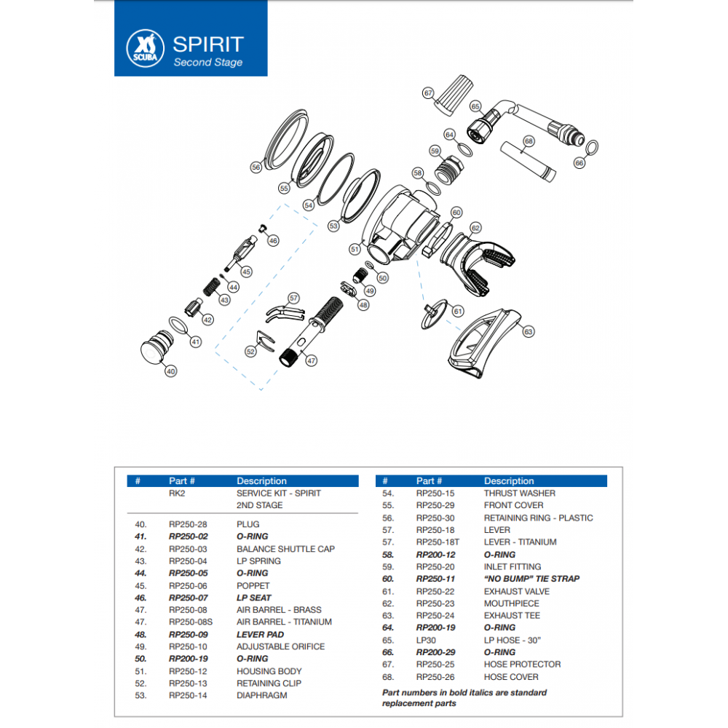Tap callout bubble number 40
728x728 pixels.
pyautogui.click(x=171, y=371)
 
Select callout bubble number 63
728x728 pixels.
pyautogui.click(x=528, y=331)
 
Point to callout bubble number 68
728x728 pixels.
pyautogui.click(x=529, y=141)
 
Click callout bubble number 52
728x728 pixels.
pyautogui.click(x=250, y=351)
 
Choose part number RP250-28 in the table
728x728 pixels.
pyautogui.click(x=189, y=524)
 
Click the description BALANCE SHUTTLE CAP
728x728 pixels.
pyautogui.click(x=285, y=549)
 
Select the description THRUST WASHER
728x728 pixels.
pyautogui.click(x=519, y=493)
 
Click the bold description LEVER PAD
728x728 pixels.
pyautogui.click(x=260, y=634)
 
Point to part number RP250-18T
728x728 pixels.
pyautogui.click(x=439, y=542)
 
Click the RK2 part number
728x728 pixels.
pyautogui.click(x=178, y=493)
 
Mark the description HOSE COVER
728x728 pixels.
pyautogui.click(x=511, y=676)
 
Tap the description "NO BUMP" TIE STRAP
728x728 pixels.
pyautogui.click(x=531, y=579)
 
